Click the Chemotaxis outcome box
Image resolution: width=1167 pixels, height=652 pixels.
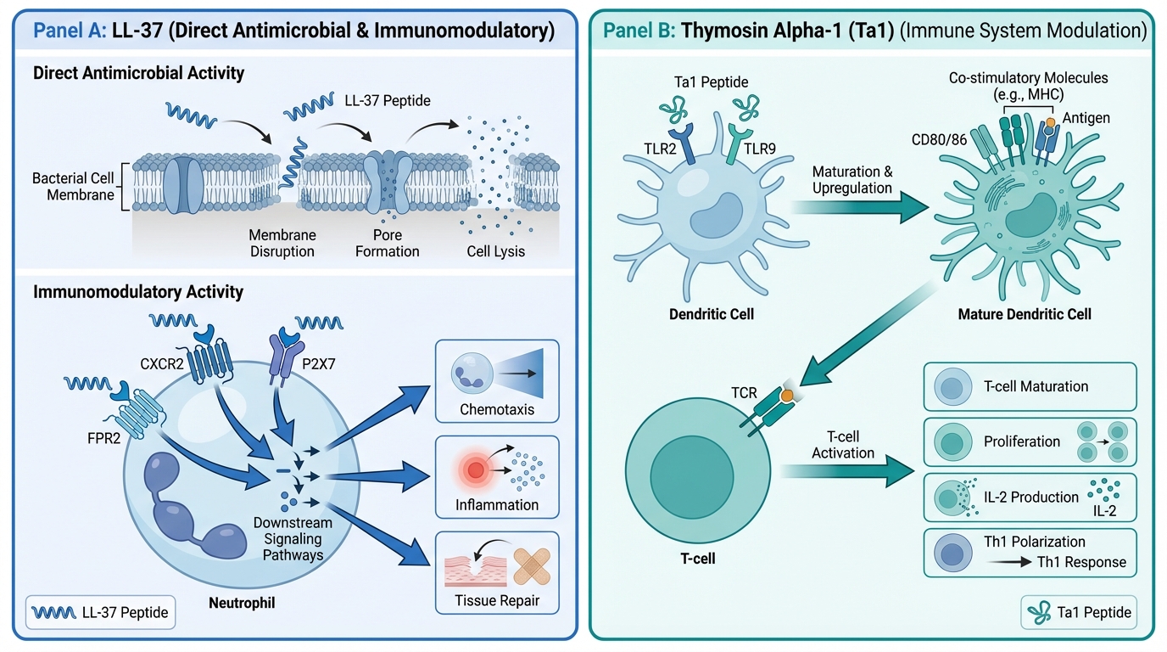497,381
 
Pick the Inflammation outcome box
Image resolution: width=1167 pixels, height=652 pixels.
497,476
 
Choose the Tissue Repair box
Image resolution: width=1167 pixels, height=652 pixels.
497,572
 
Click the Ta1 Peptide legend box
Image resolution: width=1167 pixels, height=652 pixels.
1077,612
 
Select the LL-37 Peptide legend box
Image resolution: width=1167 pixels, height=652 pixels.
100,611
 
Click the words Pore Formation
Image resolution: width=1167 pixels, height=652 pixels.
388,243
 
